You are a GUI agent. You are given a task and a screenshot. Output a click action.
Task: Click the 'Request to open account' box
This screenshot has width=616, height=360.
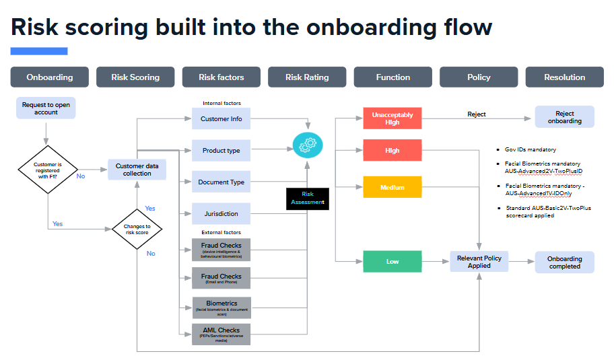pyautogui.click(x=46, y=108)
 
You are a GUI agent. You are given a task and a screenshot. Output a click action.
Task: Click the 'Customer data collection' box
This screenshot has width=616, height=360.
pyautogui.click(x=137, y=170)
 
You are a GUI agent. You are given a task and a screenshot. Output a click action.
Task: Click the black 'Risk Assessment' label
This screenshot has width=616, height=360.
pyautogui.click(x=307, y=199)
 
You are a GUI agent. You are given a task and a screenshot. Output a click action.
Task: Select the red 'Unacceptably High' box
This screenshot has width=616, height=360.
pyautogui.click(x=392, y=118)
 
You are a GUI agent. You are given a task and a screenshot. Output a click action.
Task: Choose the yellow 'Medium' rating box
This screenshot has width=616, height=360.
pyautogui.click(x=392, y=187)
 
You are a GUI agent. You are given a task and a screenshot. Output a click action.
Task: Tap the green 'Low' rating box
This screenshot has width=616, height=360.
pyautogui.click(x=392, y=262)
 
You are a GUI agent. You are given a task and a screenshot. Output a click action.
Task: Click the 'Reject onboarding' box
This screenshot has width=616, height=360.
pyautogui.click(x=564, y=117)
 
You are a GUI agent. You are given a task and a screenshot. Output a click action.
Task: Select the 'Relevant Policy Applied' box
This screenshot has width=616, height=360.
pyautogui.click(x=479, y=262)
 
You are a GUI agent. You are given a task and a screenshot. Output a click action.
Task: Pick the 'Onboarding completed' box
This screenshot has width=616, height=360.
pyautogui.click(x=564, y=262)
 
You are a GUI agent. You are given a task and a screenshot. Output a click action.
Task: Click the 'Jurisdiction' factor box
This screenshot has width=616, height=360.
pyautogui.click(x=221, y=214)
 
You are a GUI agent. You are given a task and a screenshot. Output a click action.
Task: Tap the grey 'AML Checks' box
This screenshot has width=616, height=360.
pyautogui.click(x=221, y=334)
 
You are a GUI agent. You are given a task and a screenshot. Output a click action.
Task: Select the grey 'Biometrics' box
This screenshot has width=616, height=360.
pyautogui.click(x=221, y=307)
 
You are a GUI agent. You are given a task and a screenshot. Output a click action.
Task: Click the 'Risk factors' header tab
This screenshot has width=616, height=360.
pyautogui.click(x=221, y=77)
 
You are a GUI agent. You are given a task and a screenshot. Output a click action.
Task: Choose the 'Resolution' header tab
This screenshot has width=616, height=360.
pyautogui.click(x=564, y=77)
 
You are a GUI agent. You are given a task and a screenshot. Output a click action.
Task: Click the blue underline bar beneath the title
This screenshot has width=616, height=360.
pyautogui.click(x=39, y=51)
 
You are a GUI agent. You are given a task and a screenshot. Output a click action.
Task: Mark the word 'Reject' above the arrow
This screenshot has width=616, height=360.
pyautogui.click(x=477, y=114)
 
